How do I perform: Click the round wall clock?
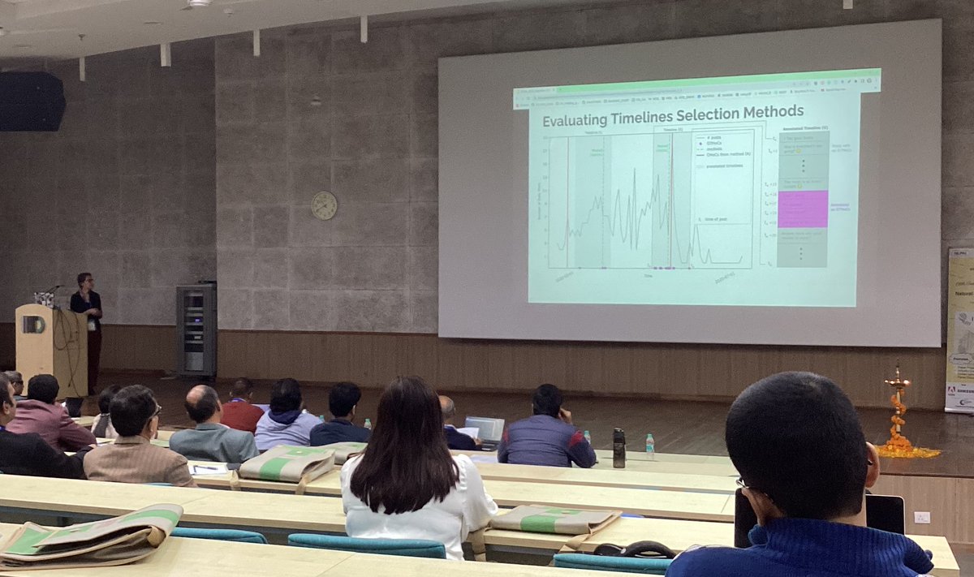point(324,205)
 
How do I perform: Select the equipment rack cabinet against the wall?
point(196,329)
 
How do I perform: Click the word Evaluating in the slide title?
point(578,120)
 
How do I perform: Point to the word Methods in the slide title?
point(768,110)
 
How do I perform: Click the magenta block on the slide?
point(802,209)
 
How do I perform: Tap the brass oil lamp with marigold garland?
point(898,414)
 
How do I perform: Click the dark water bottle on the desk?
point(618,448)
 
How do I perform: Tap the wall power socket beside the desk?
point(921,517)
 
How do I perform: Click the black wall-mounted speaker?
point(31,101)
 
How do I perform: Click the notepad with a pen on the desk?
point(208,468)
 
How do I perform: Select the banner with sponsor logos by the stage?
point(959,329)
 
